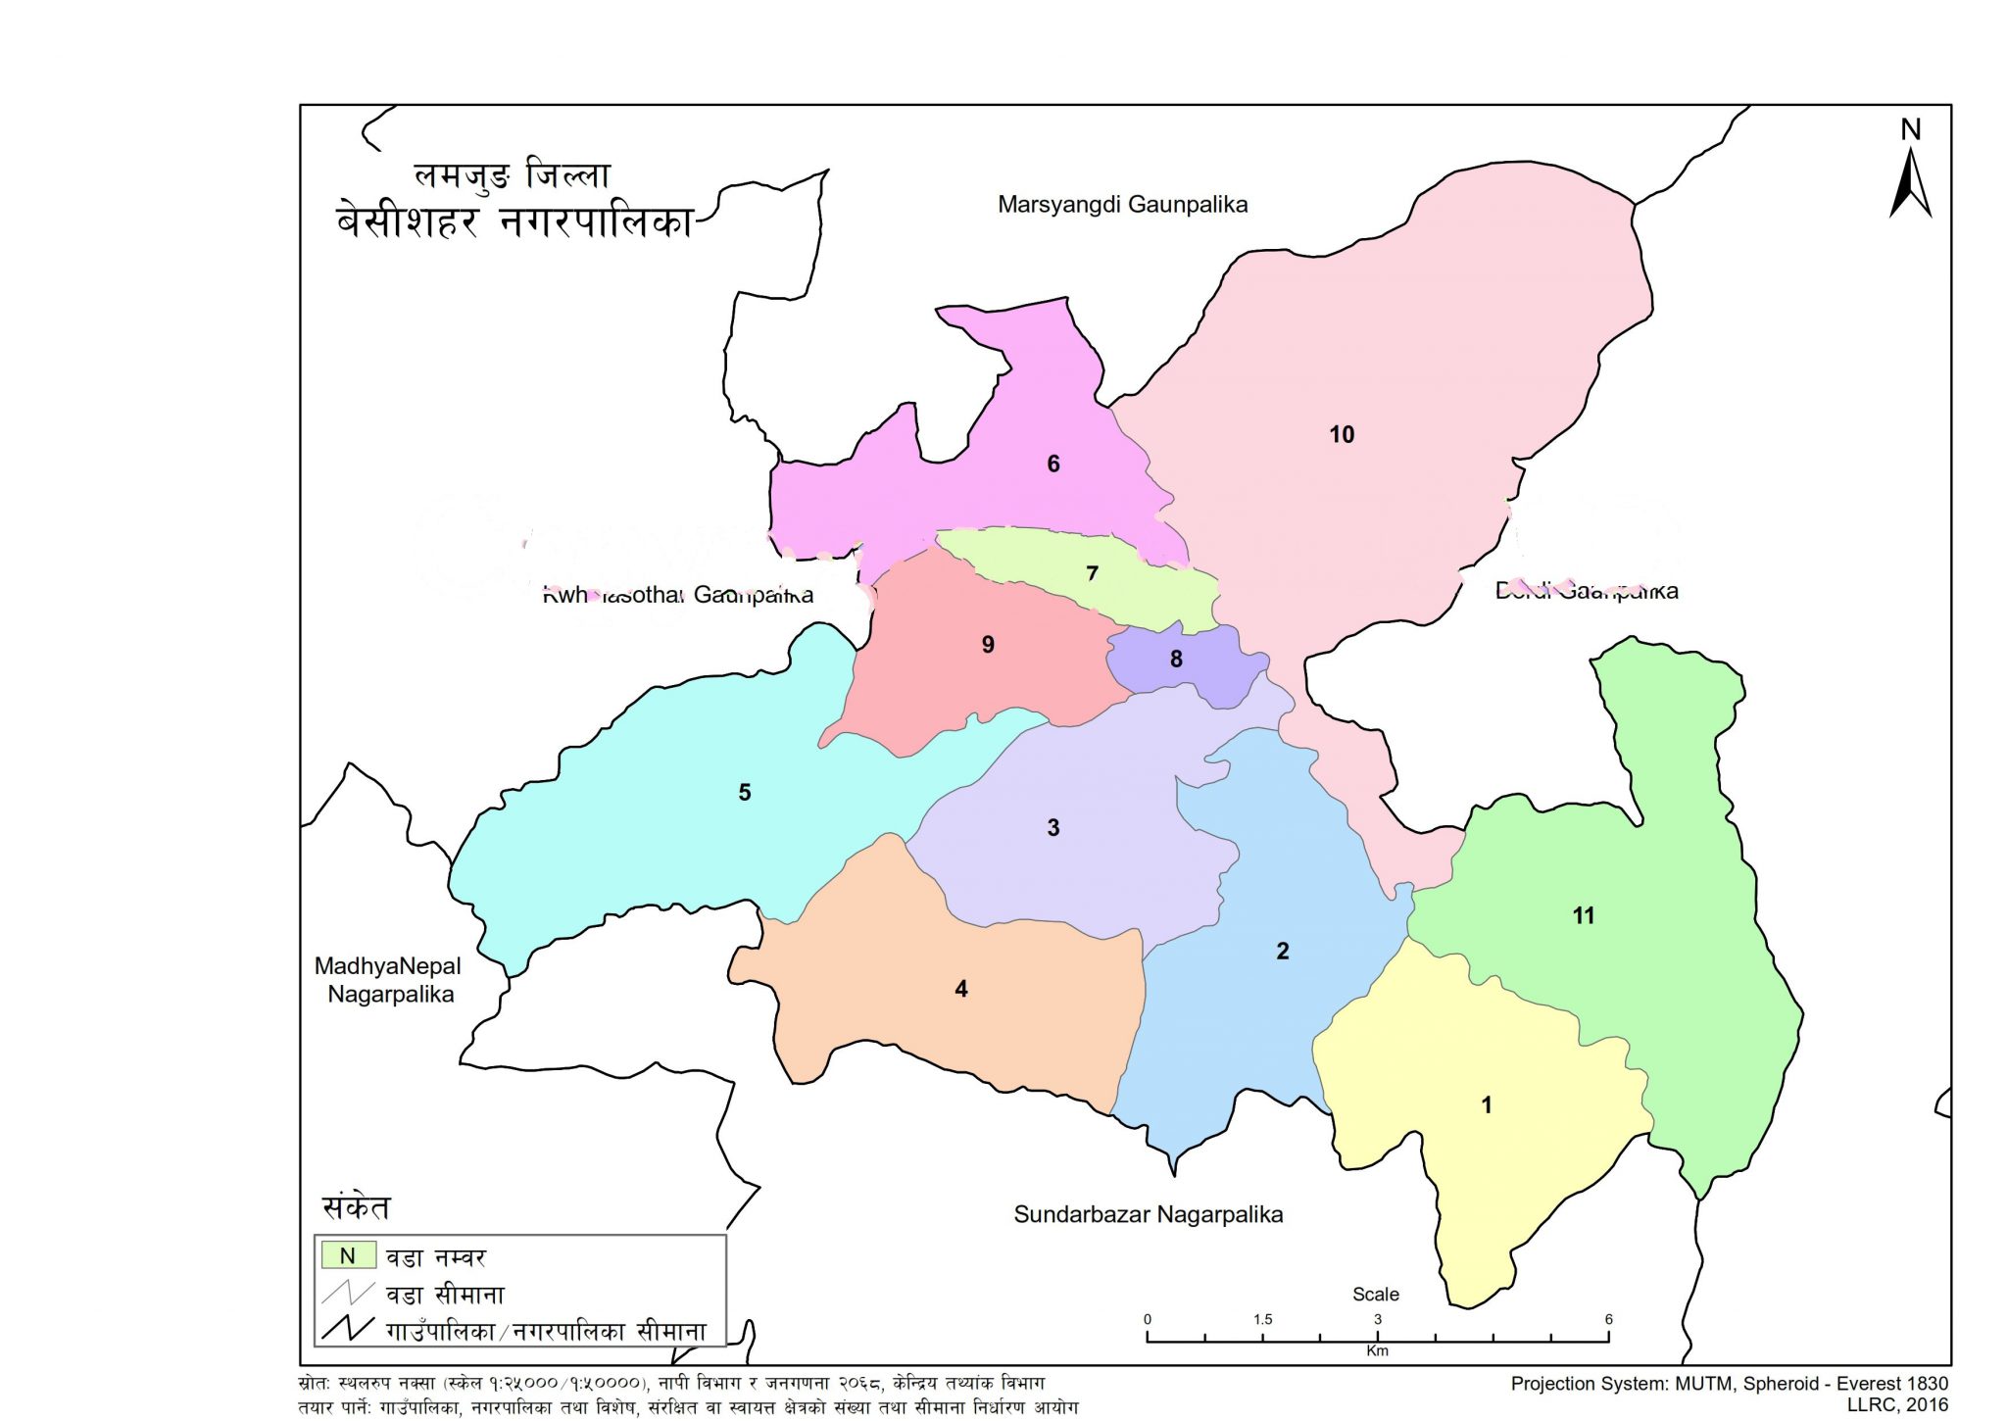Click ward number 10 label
coord(1341,434)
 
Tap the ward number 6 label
coord(1052,464)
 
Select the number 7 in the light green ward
coord(1092,573)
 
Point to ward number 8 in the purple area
coord(1176,659)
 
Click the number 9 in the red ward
coord(988,644)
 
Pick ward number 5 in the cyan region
coord(744,792)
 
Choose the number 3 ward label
coord(1052,827)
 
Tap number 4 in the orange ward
coord(960,989)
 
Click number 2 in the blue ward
coord(1282,951)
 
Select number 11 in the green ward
coord(1583,915)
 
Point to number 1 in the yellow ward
coord(1486,1104)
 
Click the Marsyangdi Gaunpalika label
coord(1122,205)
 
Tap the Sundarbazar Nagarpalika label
coord(1148,1215)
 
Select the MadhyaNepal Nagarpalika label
coord(388,980)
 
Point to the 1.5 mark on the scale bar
coord(1262,1320)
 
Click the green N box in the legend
coord(348,1256)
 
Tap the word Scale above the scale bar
coord(1375,1295)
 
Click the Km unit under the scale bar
coord(1377,1351)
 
